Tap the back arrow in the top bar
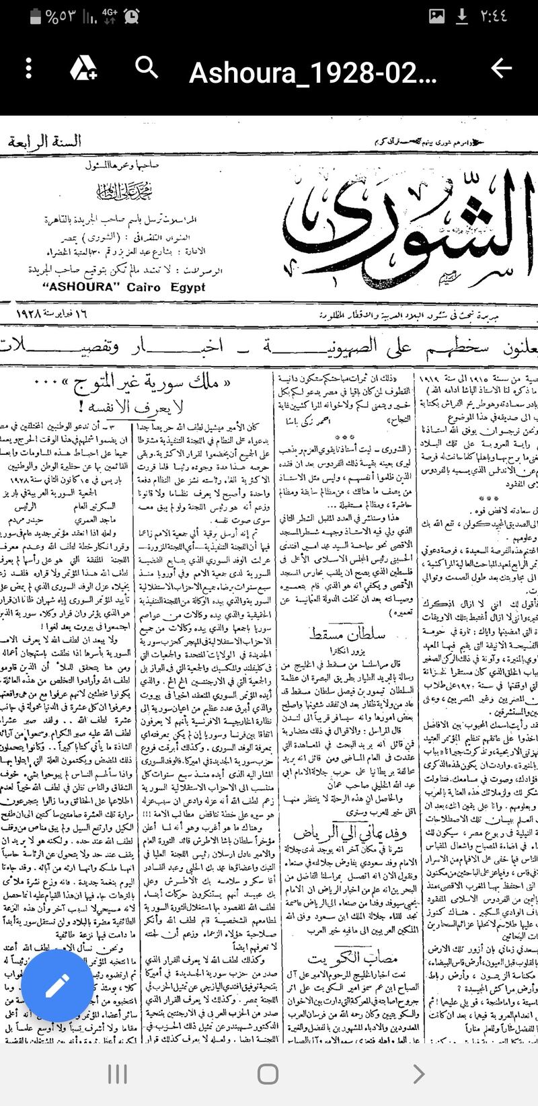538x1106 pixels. point(502,68)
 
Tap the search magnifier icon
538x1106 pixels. point(146,68)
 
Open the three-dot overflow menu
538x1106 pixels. point(28,68)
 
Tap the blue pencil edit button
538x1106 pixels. point(57,986)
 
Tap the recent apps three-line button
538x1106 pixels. point(118,1074)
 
